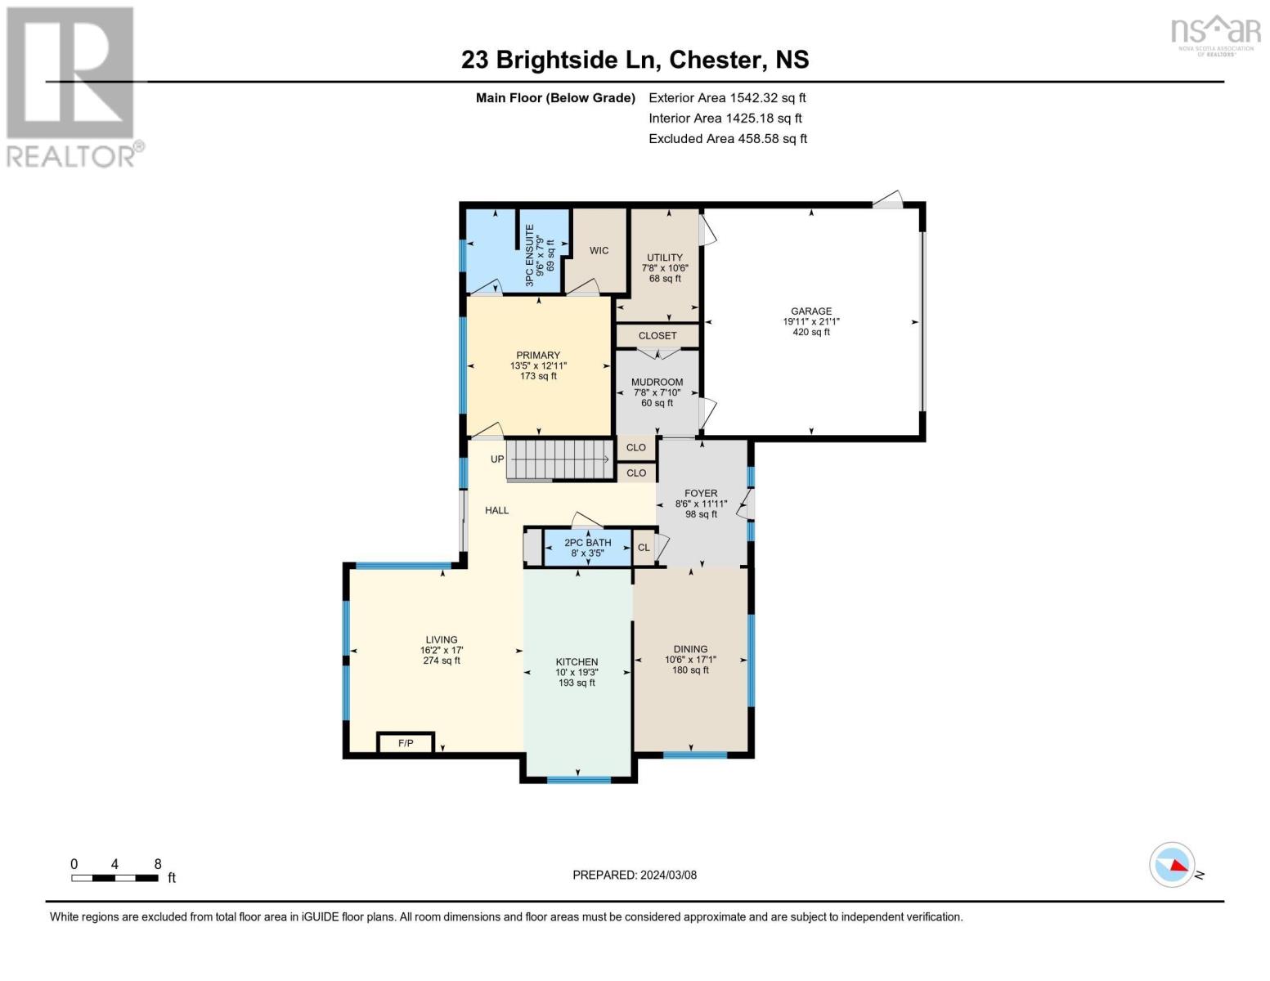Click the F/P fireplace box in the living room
pyautogui.click(x=406, y=743)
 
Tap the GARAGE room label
pyautogui.click(x=810, y=311)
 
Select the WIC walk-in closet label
pyautogui.click(x=599, y=250)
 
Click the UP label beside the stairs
pyautogui.click(x=497, y=459)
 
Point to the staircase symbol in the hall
pyautogui.click(x=560, y=460)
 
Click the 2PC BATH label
pyautogui.click(x=587, y=543)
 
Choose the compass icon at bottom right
pyautogui.click(x=1172, y=865)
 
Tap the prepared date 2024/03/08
pyautogui.click(x=668, y=875)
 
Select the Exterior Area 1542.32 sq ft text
pyautogui.click(x=727, y=97)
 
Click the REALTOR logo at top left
pyautogui.click(x=72, y=86)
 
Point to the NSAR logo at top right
pyautogui.click(x=1215, y=34)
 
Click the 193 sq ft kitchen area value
pyautogui.click(x=577, y=683)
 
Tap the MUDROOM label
pyautogui.click(x=657, y=382)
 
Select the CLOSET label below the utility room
pyautogui.click(x=657, y=336)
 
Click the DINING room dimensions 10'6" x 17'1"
pyautogui.click(x=690, y=660)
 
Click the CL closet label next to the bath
pyautogui.click(x=644, y=548)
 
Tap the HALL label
pyautogui.click(x=496, y=510)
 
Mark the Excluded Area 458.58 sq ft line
pyautogui.click(x=727, y=139)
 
